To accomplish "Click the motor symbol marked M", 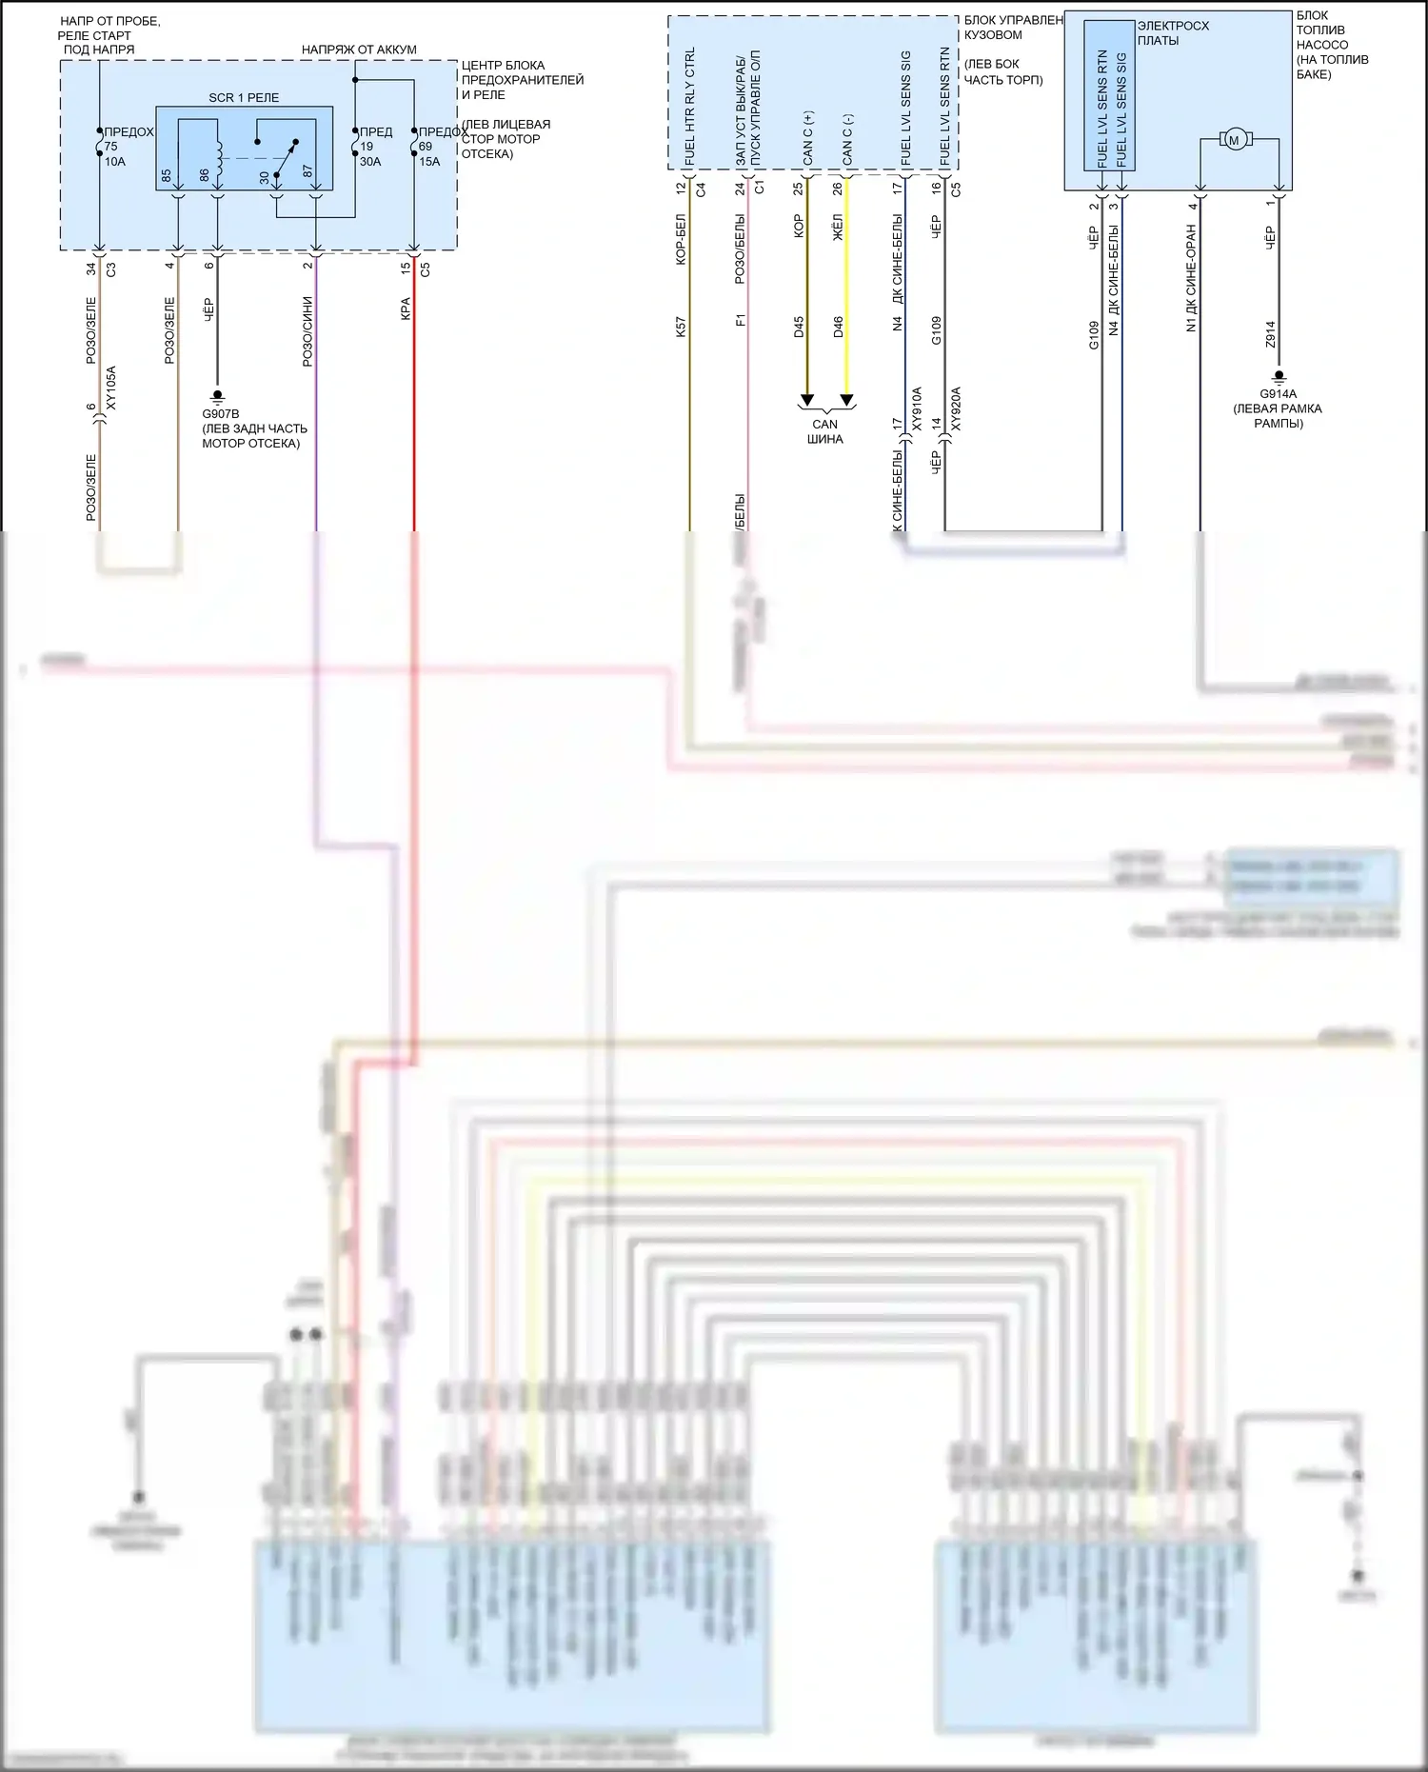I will point(1235,141).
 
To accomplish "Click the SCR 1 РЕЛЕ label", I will point(244,98).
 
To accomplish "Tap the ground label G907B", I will point(221,414).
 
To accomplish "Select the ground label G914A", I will point(1278,393).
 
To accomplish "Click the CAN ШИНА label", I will point(825,431).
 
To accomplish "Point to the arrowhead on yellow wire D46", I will point(846,400).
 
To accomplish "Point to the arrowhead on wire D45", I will point(806,400).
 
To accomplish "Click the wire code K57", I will point(680,328).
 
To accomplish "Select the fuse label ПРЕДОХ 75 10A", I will point(120,147).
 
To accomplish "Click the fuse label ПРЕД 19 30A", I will point(373,147).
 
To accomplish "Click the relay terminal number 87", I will point(307,171).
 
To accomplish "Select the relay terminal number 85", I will point(166,176).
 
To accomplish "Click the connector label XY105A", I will point(111,388).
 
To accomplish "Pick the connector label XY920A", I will point(956,408).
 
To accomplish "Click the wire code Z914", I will point(1270,334).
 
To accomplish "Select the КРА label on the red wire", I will point(406,309).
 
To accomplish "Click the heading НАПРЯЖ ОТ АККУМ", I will point(359,50).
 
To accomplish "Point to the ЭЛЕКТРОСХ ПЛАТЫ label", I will point(1172,32).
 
